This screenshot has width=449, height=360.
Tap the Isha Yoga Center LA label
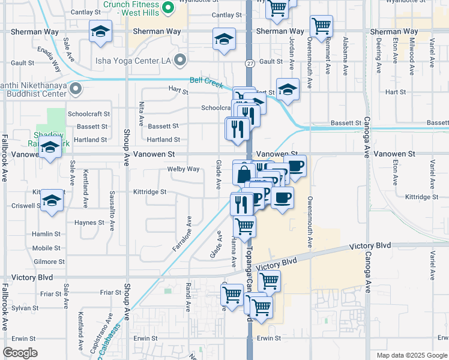point(133,60)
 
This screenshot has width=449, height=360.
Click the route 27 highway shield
point(249,63)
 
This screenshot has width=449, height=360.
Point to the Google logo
point(20,353)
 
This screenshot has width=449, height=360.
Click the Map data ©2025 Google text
point(411,355)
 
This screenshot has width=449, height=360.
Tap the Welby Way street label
point(184,169)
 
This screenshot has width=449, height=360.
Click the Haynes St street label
point(89,222)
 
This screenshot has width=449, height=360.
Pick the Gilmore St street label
point(49,262)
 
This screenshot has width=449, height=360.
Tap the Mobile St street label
point(46,248)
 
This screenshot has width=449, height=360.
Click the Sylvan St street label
point(25,308)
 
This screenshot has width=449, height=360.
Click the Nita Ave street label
point(142,113)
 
